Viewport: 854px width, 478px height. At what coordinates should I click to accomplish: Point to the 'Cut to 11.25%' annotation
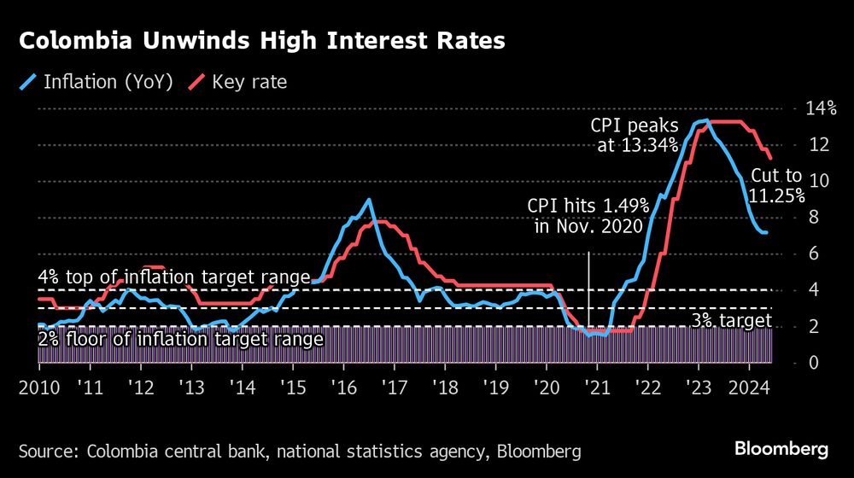pyautogui.click(x=776, y=185)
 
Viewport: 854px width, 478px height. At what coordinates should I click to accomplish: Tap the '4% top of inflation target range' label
pyautogui.click(x=174, y=277)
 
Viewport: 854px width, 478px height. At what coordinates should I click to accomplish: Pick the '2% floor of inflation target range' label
pyautogui.click(x=181, y=339)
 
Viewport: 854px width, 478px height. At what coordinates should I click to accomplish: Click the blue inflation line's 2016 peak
pyautogui.click(x=369, y=200)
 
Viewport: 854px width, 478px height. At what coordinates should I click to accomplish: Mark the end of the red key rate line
pyautogui.click(x=771, y=158)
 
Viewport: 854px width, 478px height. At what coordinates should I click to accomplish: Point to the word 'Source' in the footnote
pyautogui.click(x=47, y=450)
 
